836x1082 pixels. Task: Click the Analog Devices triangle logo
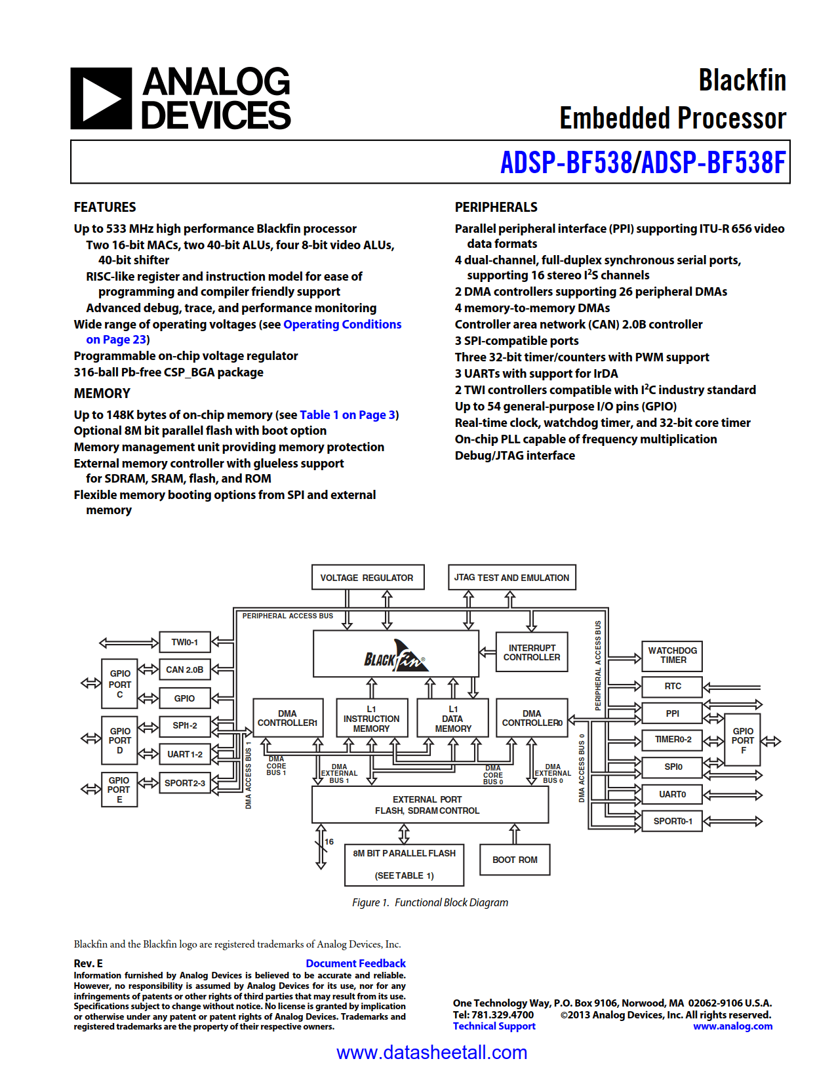click(101, 98)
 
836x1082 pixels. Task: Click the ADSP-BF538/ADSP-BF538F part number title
click(642, 163)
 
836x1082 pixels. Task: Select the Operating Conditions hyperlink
click(342, 325)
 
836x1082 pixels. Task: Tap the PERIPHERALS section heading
click(496, 207)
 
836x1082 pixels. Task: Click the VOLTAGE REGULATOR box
click(367, 578)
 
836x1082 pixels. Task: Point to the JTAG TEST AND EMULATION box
click(511, 578)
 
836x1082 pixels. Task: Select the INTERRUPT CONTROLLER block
click(531, 652)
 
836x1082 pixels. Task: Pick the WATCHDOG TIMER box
click(672, 655)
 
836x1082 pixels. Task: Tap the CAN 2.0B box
click(184, 670)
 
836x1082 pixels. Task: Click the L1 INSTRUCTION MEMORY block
click(371, 719)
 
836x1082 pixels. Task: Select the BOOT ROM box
click(515, 860)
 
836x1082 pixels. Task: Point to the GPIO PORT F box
click(742, 741)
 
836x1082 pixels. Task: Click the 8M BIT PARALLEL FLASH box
click(404, 864)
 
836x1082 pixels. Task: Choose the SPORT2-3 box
click(184, 783)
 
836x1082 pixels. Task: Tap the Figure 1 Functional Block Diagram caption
click(430, 903)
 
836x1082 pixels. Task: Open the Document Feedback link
click(355, 963)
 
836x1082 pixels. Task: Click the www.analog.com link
click(732, 1026)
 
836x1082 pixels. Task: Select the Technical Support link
click(494, 1026)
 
